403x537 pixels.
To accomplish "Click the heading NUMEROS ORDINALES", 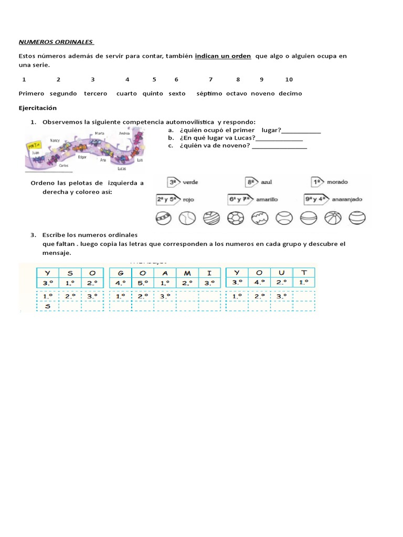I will tap(56, 41).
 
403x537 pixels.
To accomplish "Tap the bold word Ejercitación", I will tap(37, 108).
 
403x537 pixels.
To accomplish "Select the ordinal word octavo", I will tap(237, 93).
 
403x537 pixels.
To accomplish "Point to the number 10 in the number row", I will tap(289, 79).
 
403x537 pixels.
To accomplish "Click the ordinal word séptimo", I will tap(209, 93).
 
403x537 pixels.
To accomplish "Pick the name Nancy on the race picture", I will tap(55, 141).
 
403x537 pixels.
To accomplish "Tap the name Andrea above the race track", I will tap(124, 134).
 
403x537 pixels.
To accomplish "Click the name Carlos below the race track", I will tap(63, 166).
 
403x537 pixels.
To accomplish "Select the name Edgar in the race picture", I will tap(82, 157).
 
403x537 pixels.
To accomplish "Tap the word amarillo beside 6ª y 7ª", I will tap(268, 199).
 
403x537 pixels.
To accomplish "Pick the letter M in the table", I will tap(186, 273).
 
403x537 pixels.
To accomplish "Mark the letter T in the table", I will tap(303, 273).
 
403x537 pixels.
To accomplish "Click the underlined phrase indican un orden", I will tap(223, 56).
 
